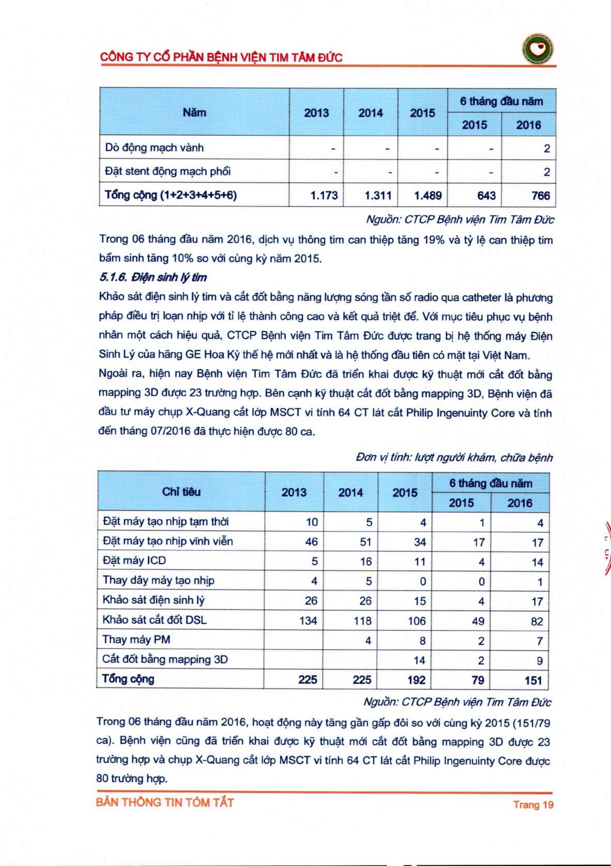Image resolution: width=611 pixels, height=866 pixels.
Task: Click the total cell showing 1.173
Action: (x=324, y=195)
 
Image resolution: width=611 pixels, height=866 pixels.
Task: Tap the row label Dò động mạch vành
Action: (x=154, y=148)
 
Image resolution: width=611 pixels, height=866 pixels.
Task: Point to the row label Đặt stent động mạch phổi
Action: (x=168, y=172)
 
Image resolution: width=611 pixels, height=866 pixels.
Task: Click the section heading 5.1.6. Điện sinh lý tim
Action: (x=153, y=278)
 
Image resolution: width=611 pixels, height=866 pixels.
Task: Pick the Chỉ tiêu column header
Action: (x=181, y=492)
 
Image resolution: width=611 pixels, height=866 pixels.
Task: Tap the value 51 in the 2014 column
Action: (x=365, y=542)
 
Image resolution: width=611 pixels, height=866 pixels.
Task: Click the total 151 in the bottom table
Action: (x=533, y=680)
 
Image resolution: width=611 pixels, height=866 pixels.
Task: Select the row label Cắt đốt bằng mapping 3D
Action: (x=165, y=659)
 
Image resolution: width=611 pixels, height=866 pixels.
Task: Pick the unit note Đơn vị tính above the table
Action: (x=454, y=457)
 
